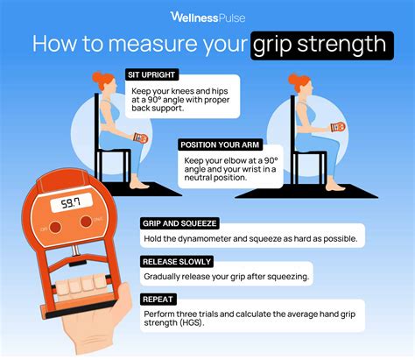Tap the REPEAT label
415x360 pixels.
pos(159,299)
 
